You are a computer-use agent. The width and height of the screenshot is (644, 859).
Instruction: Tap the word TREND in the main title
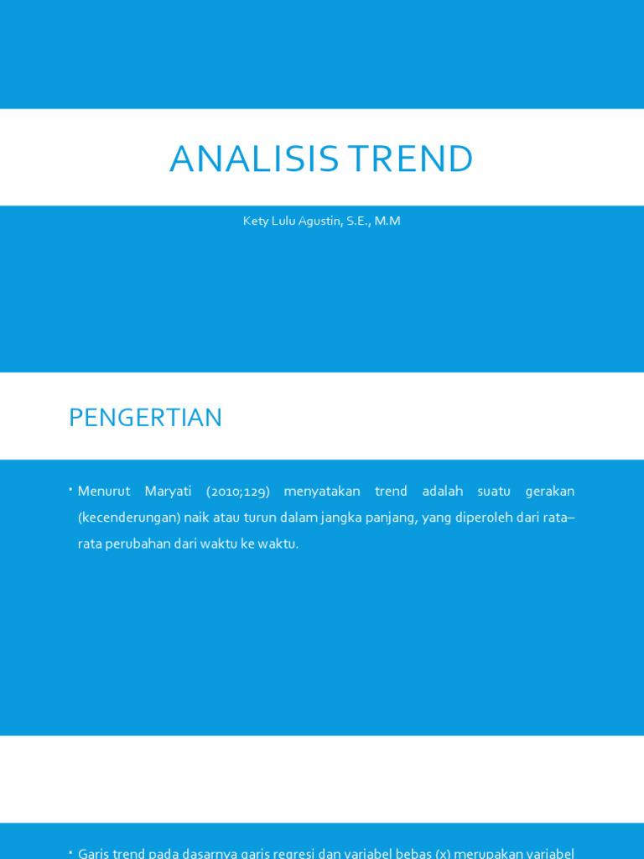pyautogui.click(x=410, y=159)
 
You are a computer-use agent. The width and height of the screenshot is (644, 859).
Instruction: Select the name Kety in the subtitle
pyautogui.click(x=256, y=221)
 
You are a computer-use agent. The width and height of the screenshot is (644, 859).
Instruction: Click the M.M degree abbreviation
pyautogui.click(x=387, y=221)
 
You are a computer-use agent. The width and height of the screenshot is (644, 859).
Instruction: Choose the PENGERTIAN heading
pyautogui.click(x=145, y=418)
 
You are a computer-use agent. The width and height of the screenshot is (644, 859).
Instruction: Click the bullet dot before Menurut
pyautogui.click(x=71, y=489)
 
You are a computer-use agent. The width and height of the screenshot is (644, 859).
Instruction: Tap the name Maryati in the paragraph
pyautogui.click(x=168, y=491)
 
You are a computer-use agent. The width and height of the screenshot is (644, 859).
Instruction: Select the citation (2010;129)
pyautogui.click(x=238, y=491)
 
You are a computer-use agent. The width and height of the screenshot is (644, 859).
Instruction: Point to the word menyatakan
pyautogui.click(x=322, y=491)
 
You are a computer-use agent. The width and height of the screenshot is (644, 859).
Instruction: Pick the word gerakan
pyautogui.click(x=549, y=491)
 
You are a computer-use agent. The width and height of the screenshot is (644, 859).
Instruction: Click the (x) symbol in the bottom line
pyautogui.click(x=442, y=854)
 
